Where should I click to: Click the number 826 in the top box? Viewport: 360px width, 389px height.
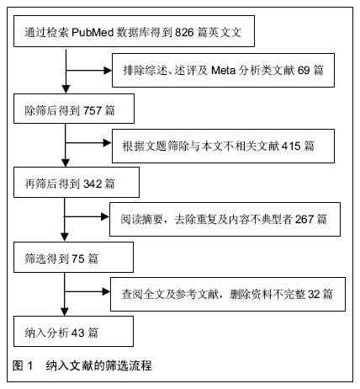[x=184, y=33]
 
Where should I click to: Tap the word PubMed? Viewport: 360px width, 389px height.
[x=93, y=33]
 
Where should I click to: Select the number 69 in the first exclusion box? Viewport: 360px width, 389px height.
[x=304, y=70]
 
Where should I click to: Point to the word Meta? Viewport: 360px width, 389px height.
[x=223, y=70]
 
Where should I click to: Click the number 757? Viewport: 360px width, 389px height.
[x=93, y=110]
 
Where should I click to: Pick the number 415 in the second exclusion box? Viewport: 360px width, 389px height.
[x=291, y=146]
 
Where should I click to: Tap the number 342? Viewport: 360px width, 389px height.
[x=93, y=184]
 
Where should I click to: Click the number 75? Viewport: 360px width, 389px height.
[x=78, y=258]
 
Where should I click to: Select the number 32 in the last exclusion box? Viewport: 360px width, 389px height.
[x=314, y=294]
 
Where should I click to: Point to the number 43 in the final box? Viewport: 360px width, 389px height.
[x=78, y=333]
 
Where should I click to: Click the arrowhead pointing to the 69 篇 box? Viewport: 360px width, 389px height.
[x=108, y=71]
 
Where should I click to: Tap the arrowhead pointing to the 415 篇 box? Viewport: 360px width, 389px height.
[x=108, y=143]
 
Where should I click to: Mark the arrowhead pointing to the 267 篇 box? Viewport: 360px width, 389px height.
[x=105, y=216]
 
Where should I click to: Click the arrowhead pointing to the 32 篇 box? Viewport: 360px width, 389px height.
[x=106, y=291]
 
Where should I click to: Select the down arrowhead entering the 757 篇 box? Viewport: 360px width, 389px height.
[x=66, y=89]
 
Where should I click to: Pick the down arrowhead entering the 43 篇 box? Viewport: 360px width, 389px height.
[x=65, y=312]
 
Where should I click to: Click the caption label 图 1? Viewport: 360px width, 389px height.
[x=23, y=365]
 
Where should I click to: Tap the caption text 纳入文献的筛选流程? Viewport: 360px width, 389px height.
[x=99, y=365]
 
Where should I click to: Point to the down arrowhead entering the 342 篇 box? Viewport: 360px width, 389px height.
[x=66, y=163]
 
